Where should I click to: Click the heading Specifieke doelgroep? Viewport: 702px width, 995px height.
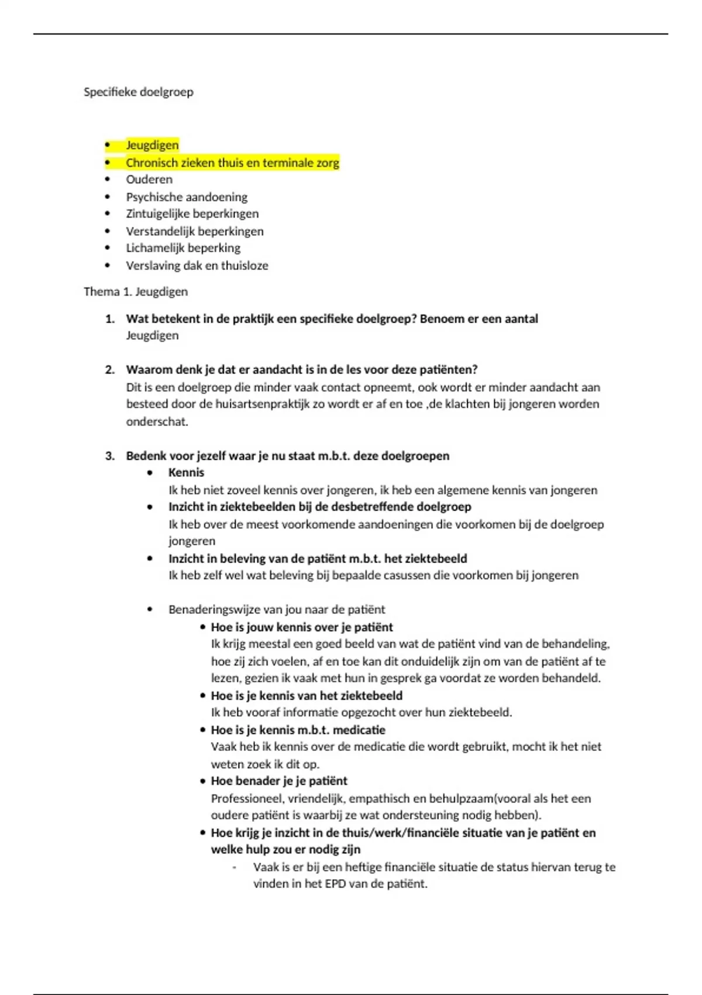pos(138,92)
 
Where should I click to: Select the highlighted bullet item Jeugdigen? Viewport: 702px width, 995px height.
pos(152,145)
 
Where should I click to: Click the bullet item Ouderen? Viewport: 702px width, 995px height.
pos(149,180)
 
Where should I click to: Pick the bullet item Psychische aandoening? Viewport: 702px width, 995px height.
pos(187,197)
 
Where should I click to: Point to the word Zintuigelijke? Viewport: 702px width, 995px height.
pos(155,214)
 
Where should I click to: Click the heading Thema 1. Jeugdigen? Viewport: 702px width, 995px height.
pos(136,291)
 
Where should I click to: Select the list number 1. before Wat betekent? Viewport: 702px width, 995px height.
pos(110,319)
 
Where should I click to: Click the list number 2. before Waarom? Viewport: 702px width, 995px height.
pos(110,370)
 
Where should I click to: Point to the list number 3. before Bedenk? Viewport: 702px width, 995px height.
pos(110,456)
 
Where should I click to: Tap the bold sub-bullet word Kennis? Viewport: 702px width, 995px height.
pos(186,473)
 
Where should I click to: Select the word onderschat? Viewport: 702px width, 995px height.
pos(157,421)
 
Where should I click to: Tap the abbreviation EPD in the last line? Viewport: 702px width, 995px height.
pos(335,884)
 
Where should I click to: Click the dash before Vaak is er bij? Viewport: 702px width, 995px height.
pos(235,867)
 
